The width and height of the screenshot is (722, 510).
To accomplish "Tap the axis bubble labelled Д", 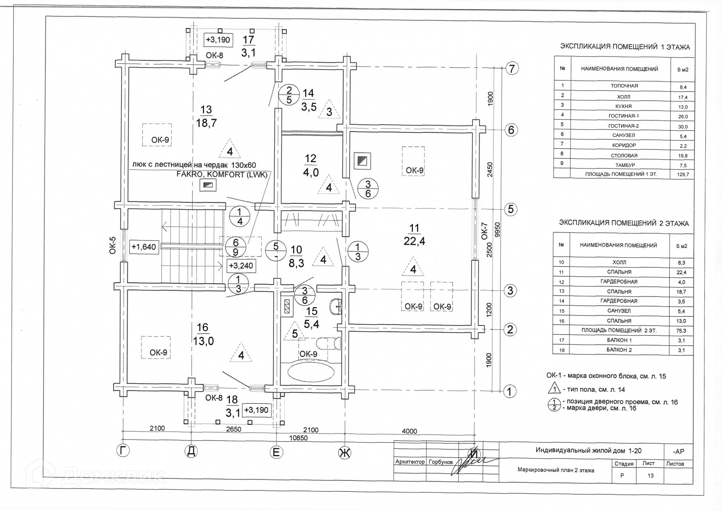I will [x=192, y=451].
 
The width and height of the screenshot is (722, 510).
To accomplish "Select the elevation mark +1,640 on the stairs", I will [x=144, y=247].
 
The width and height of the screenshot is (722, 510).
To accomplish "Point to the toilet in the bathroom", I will [x=328, y=343].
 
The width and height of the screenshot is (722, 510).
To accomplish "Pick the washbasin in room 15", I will [x=336, y=306].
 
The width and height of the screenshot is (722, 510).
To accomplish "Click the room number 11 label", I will [x=414, y=228].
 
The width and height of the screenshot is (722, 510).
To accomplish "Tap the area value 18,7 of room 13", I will [x=206, y=123].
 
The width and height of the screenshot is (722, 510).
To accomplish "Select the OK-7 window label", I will [x=484, y=231].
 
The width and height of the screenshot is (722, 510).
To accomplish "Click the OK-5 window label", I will [x=113, y=245].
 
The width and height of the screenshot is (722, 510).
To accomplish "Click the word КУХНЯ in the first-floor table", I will [x=624, y=106].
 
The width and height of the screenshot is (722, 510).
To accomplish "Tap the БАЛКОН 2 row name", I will [x=619, y=350].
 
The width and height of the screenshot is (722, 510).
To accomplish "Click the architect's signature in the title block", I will [x=470, y=463].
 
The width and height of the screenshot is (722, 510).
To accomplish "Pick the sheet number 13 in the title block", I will [x=650, y=475].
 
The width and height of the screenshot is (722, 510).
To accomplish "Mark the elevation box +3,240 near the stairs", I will [x=241, y=265].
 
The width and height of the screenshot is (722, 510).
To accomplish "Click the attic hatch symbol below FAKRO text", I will [x=208, y=184].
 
